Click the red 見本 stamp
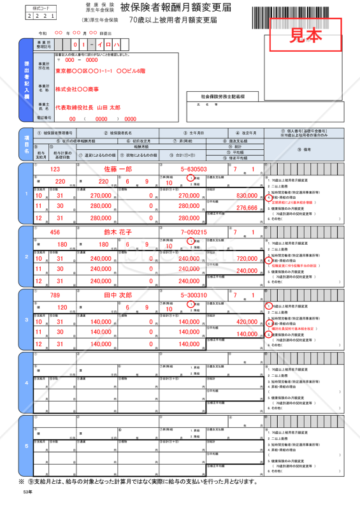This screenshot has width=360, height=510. pos(306,36)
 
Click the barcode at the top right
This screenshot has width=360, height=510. pos(298,13)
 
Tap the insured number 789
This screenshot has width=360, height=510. pos(55,295)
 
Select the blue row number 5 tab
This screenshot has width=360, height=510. pos(26,446)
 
